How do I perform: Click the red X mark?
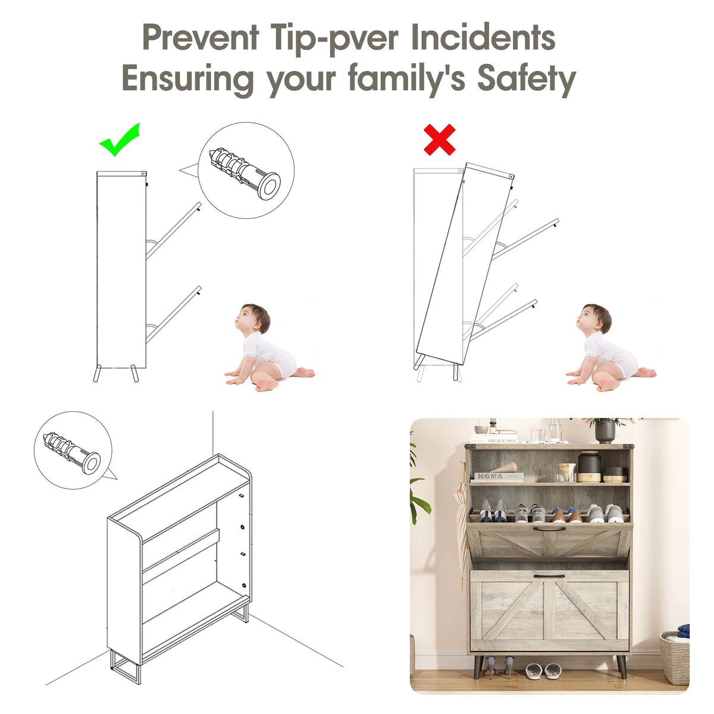tap(440, 140)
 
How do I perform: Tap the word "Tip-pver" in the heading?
tap(334, 39)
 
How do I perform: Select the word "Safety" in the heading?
tap(527, 79)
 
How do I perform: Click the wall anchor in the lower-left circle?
tap(72, 453)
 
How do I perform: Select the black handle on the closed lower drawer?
tap(549, 576)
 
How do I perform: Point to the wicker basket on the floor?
tap(674, 657)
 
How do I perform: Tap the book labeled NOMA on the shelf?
tap(499, 477)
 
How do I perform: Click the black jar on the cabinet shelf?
tap(589, 466)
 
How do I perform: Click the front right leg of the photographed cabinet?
tap(621, 666)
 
